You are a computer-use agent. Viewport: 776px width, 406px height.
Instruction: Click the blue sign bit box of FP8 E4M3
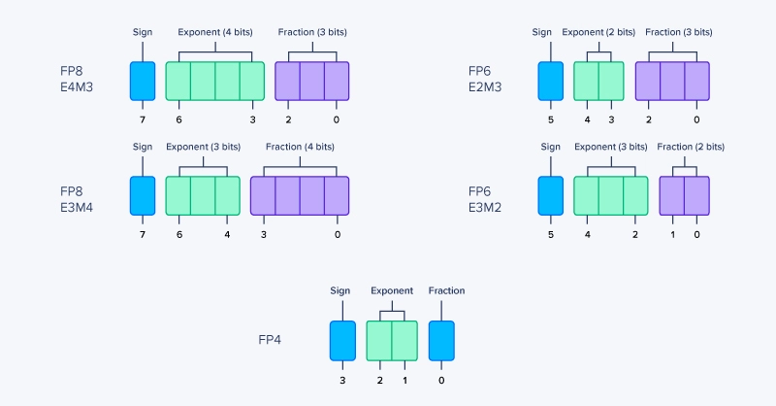(x=143, y=82)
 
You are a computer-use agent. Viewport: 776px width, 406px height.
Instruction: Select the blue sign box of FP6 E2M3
(x=550, y=82)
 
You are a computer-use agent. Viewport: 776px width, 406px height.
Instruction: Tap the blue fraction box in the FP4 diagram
(x=441, y=341)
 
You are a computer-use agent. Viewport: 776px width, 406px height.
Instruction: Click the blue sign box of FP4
(x=342, y=341)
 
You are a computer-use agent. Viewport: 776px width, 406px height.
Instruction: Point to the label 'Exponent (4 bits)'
(x=214, y=32)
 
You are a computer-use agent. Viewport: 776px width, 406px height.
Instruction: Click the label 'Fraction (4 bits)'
(x=300, y=147)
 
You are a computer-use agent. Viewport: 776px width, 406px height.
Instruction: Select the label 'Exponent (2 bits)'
(x=598, y=32)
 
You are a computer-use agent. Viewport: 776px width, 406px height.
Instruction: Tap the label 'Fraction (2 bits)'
(x=684, y=147)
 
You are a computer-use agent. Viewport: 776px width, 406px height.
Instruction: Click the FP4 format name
(x=270, y=340)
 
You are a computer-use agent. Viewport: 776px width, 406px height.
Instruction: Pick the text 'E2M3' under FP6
(x=484, y=87)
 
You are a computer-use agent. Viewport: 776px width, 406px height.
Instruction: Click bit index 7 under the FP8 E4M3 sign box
(x=143, y=119)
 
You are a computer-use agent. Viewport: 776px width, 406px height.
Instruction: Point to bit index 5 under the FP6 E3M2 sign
(x=550, y=234)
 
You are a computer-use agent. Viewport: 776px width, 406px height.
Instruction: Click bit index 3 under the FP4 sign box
(x=342, y=380)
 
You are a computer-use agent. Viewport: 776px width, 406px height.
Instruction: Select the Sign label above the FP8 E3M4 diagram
(x=143, y=147)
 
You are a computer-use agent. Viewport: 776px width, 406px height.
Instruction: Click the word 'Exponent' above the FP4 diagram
(x=392, y=290)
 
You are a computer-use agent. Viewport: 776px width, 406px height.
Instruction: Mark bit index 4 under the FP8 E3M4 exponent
(x=227, y=234)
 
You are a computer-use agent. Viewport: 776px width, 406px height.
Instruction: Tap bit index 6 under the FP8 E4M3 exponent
(x=178, y=119)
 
